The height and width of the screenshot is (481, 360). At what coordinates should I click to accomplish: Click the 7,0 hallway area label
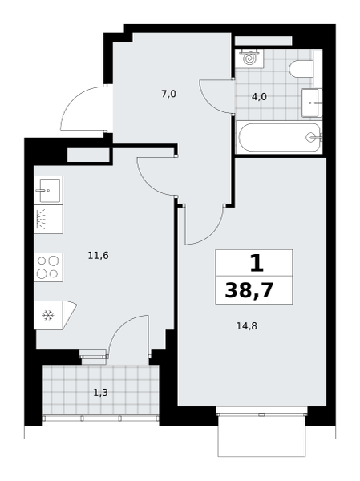169,94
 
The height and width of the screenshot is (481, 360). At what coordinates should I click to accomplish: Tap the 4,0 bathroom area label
259,97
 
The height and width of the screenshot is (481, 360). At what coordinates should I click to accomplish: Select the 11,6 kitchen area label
98,255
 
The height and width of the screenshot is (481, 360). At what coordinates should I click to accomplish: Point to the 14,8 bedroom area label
247,326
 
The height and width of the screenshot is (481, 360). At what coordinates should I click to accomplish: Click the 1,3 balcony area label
101,393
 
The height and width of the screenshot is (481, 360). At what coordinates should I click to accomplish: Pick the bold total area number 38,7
249,290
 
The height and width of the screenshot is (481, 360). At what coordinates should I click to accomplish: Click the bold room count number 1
257,263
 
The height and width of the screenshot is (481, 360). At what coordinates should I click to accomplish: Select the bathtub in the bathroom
279,138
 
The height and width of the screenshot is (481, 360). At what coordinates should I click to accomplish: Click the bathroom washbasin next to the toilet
312,103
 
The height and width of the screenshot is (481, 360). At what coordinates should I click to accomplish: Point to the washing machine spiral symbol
249,59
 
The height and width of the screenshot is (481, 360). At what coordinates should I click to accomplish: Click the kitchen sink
48,190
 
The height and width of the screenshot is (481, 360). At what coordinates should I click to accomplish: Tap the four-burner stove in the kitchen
48,267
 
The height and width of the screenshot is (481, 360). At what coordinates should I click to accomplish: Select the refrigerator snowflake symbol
48,315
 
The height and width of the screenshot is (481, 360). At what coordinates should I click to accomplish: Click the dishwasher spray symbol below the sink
41,220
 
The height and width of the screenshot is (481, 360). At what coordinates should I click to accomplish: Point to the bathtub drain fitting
312,137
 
